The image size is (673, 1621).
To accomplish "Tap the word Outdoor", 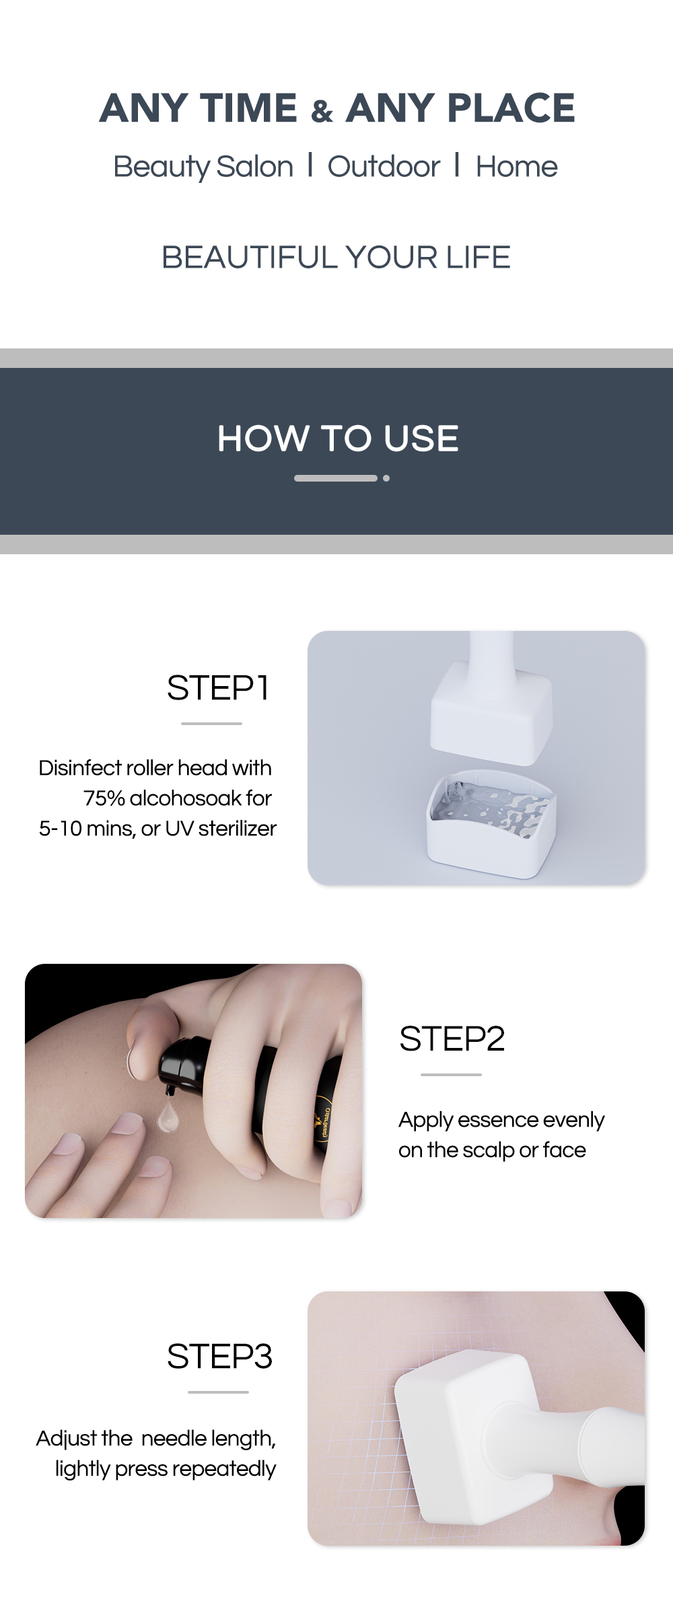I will (x=384, y=167).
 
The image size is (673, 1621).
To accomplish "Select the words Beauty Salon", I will (x=203, y=167).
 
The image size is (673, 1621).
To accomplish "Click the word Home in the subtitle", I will (x=516, y=167).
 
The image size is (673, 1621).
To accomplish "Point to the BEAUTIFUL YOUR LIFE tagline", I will (x=336, y=257).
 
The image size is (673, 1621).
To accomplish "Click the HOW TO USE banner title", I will (x=337, y=439).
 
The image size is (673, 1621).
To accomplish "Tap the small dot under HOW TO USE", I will (x=386, y=478).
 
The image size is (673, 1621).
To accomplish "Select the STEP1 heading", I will (x=218, y=687).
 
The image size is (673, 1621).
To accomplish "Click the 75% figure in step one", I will (x=104, y=798).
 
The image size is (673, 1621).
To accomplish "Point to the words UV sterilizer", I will (x=221, y=829).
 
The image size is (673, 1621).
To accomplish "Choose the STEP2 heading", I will (x=452, y=1039).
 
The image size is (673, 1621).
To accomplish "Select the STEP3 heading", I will (x=219, y=1356).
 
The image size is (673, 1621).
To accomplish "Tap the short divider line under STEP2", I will (x=451, y=1075).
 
